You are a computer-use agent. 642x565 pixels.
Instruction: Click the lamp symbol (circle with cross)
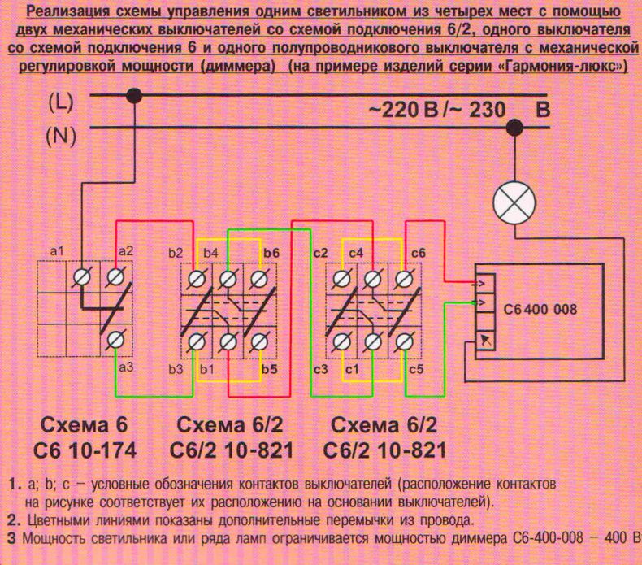coord(514,203)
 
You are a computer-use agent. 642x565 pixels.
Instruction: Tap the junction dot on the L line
coord(133,96)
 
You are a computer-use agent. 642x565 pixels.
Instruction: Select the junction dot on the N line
coord(514,128)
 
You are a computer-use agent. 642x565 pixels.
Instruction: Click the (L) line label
coord(61,102)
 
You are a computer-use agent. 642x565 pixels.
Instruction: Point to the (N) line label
coord(61,136)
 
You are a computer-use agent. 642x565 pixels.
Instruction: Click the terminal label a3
coord(126,367)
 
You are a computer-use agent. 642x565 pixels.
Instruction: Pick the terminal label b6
coord(271,253)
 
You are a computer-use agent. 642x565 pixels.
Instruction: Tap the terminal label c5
coord(416,369)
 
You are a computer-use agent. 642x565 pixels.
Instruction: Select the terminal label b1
coord(207,369)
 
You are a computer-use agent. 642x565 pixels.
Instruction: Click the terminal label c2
coord(320,253)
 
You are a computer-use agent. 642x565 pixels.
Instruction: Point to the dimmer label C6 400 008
coord(540,309)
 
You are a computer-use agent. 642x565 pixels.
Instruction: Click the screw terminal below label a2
coord(115,277)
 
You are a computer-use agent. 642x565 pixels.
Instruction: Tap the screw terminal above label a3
coord(115,340)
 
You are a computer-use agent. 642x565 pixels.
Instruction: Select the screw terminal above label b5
coord(258,341)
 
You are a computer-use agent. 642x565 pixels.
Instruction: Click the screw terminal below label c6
coord(404,279)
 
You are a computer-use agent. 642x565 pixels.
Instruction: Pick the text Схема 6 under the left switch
coord(84,425)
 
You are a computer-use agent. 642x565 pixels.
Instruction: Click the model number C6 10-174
coord(85,450)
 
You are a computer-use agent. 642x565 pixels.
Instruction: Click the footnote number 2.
coord(13,521)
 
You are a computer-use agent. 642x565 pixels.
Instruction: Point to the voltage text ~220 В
coord(404,110)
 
